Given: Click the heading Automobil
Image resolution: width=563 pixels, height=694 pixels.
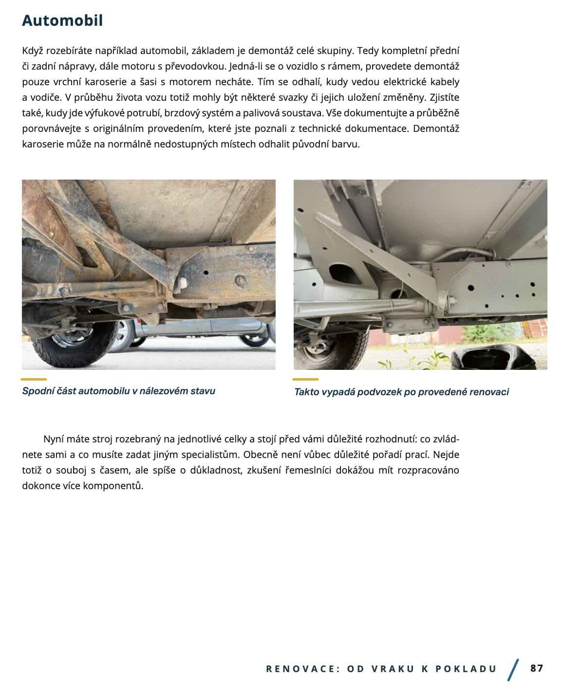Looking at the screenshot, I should (62, 20).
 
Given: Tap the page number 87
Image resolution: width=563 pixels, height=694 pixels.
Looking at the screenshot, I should (536, 668).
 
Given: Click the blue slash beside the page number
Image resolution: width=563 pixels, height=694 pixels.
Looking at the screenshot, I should (513, 670).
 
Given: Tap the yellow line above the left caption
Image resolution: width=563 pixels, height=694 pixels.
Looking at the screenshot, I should (34, 379).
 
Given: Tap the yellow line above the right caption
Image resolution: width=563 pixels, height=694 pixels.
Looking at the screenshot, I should (305, 379).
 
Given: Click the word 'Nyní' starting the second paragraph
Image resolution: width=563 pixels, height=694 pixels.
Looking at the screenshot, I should (53, 439).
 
